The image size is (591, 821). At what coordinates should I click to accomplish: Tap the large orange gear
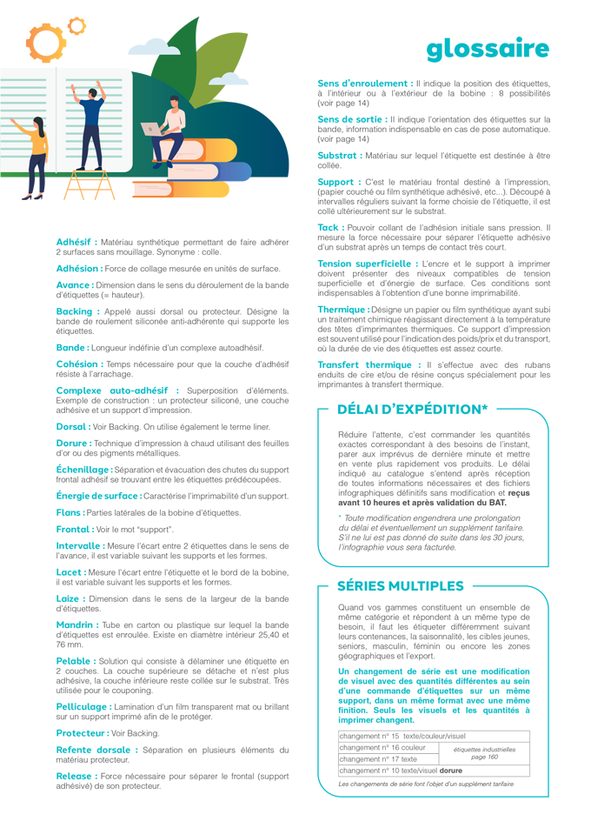click(46, 39)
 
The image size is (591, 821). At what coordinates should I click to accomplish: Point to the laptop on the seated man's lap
click(152, 129)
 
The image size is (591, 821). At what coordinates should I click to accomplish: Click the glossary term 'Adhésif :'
click(76, 242)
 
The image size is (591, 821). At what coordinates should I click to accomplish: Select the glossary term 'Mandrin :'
click(76, 625)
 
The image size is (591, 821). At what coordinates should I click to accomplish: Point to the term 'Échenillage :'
click(83, 469)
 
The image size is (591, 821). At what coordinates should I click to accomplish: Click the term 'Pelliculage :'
click(83, 707)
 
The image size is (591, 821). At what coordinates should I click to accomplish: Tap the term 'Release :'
click(76, 776)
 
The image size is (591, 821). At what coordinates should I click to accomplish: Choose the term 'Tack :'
click(331, 227)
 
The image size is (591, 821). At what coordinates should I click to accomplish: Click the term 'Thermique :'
click(342, 310)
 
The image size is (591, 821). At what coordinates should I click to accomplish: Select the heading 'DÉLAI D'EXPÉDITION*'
click(412, 409)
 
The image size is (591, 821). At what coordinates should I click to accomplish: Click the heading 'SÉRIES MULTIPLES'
click(400, 586)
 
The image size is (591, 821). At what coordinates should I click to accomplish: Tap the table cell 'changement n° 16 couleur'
click(382, 747)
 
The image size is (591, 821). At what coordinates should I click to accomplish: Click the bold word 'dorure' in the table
click(450, 771)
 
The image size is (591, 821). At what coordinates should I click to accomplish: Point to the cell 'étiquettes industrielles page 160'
click(484, 753)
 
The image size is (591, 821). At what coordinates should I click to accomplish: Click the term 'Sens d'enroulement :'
click(364, 83)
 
